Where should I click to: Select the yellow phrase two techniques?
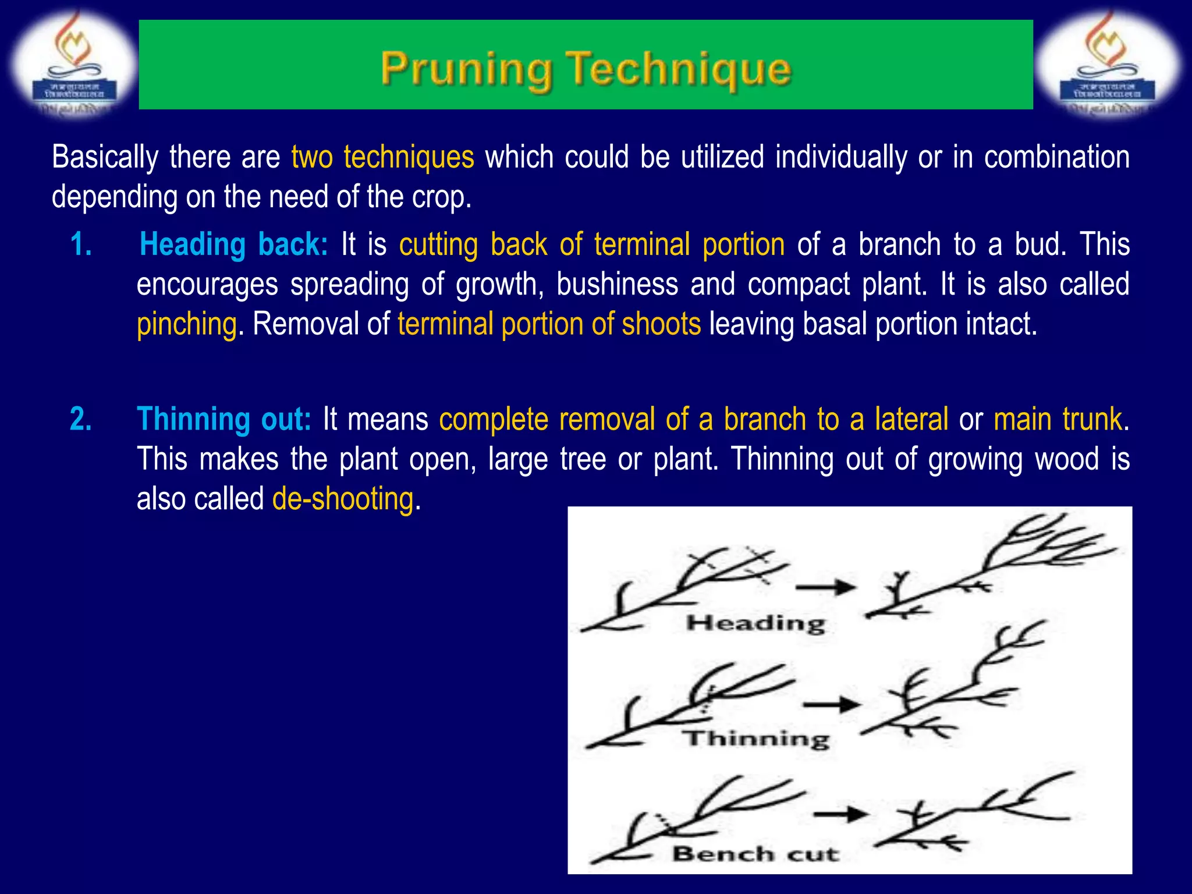point(382,158)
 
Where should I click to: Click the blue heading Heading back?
point(234,244)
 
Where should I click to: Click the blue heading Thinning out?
point(224,419)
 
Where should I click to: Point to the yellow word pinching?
point(187,324)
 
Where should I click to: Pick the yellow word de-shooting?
point(343,499)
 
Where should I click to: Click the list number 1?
point(81,244)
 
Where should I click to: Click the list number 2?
point(81,419)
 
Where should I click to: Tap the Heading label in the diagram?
point(755,623)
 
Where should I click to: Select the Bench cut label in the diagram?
point(755,854)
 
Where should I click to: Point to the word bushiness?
point(617,285)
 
